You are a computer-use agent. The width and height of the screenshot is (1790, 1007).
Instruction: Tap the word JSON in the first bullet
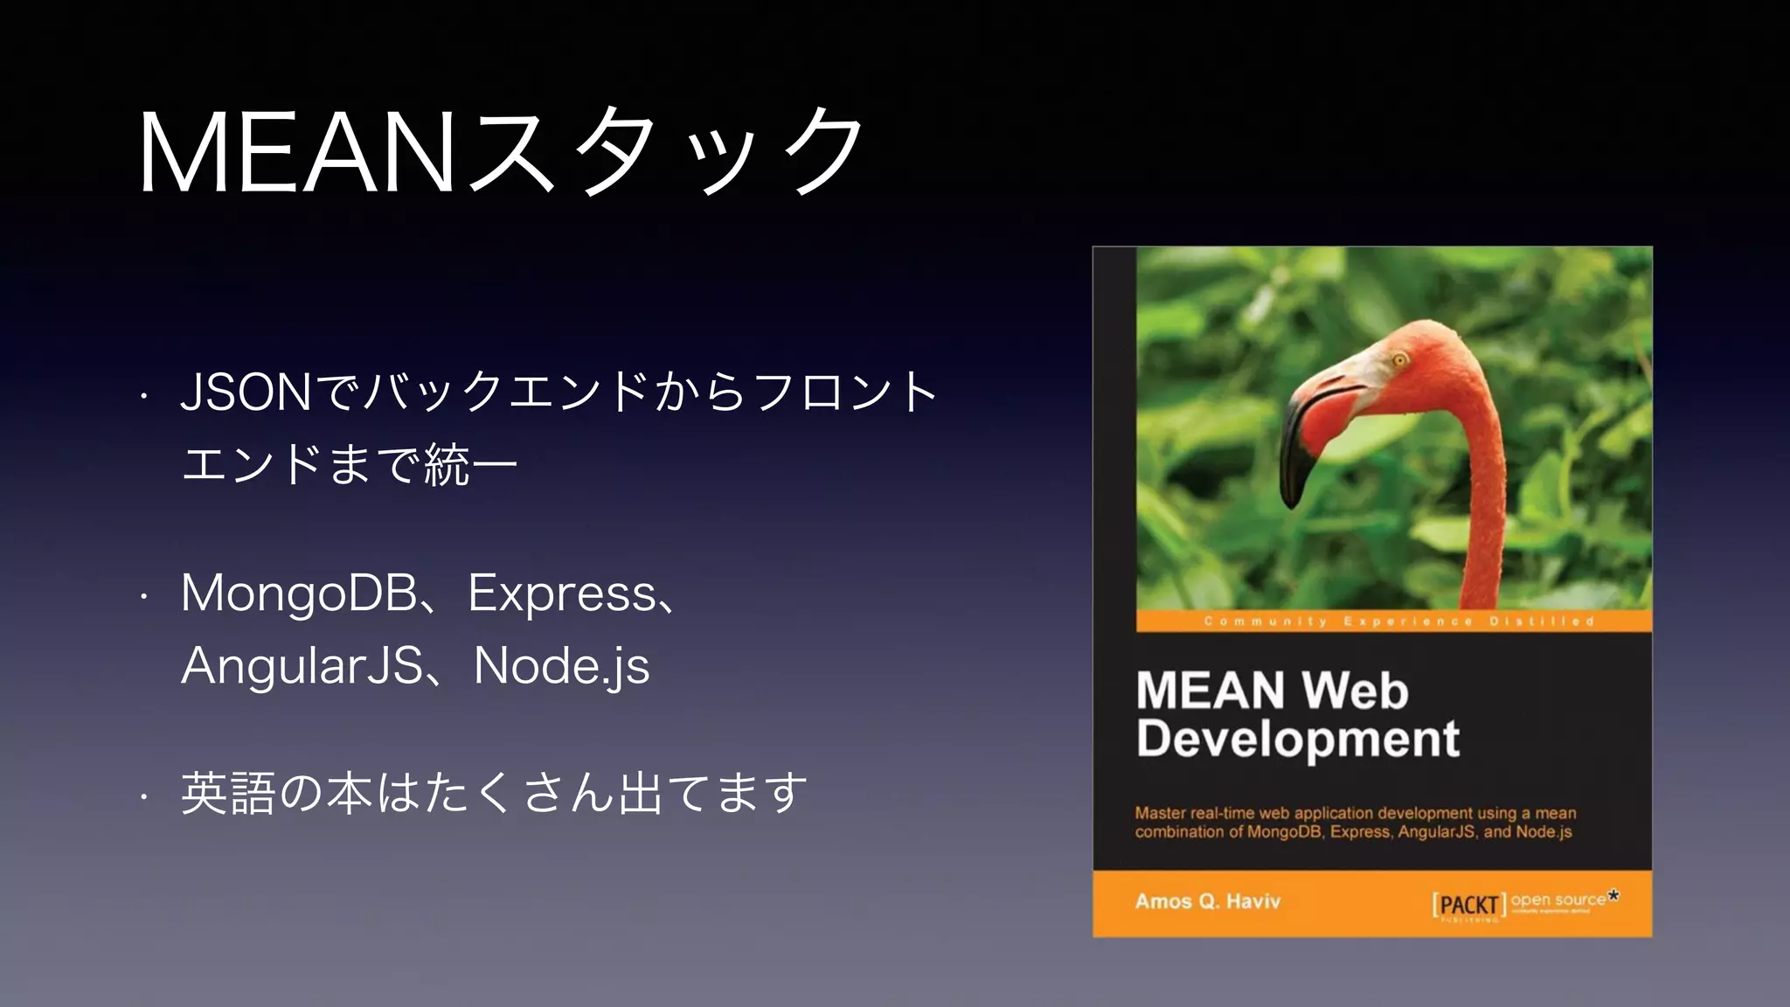[x=246, y=392]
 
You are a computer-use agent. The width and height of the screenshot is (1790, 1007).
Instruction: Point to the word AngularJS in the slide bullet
[x=302, y=666]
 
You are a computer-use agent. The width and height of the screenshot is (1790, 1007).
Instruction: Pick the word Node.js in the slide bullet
[x=561, y=666]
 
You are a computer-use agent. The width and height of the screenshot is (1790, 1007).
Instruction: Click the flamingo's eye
[x=1399, y=360]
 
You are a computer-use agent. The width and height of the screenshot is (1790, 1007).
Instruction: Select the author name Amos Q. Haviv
[x=1207, y=901]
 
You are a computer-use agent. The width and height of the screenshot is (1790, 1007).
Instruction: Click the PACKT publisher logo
[x=1468, y=905]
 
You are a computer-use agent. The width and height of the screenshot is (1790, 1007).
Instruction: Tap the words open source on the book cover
[x=1558, y=899]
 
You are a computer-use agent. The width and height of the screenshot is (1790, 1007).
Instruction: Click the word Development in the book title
[x=1298, y=739]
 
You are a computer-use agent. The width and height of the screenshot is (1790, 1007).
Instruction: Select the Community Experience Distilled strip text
[x=1398, y=622]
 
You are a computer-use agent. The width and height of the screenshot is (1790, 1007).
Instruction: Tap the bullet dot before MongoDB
[x=144, y=598]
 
